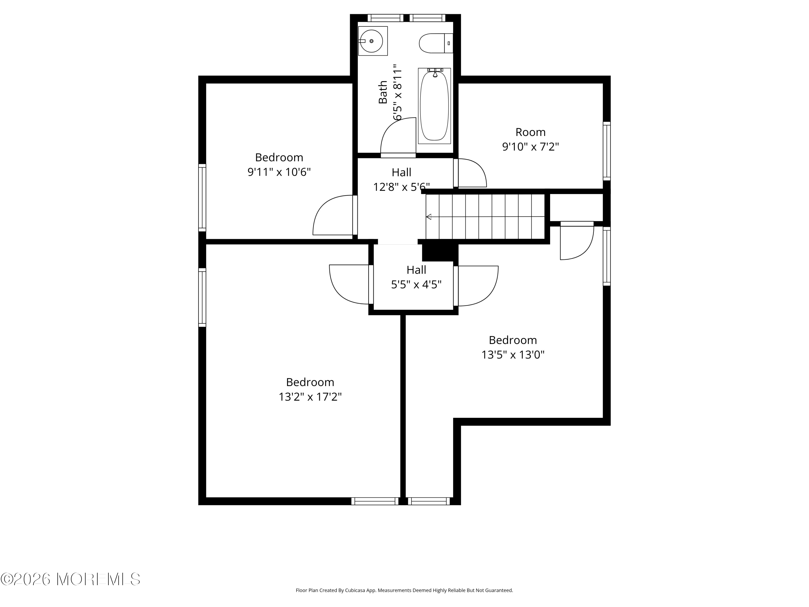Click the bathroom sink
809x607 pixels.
(x=372, y=41)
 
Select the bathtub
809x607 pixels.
(x=434, y=106)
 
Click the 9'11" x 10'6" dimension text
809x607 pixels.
(x=279, y=172)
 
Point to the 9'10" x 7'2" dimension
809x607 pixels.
(x=530, y=147)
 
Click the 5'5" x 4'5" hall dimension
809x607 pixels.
(x=416, y=284)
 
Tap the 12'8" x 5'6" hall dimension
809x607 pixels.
(x=401, y=187)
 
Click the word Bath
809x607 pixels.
(x=383, y=92)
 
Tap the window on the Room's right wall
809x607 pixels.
(x=606, y=151)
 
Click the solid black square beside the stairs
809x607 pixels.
(x=440, y=253)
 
